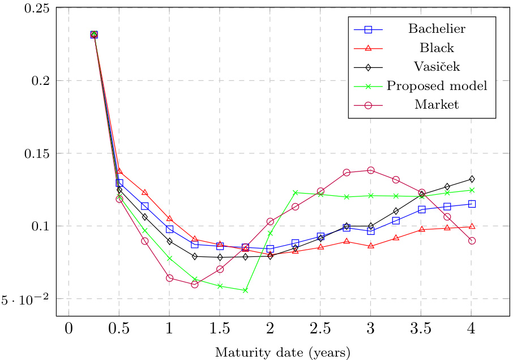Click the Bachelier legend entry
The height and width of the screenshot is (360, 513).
click(x=437, y=28)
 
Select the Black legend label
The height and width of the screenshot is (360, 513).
click(x=437, y=48)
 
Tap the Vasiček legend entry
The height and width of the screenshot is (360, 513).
click(x=437, y=67)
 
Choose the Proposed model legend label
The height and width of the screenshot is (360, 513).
click(x=437, y=86)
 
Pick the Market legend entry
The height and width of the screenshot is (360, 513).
click(x=437, y=105)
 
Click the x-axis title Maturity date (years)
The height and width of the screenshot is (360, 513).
click(x=283, y=352)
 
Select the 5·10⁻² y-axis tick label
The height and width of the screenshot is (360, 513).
click(x=25, y=298)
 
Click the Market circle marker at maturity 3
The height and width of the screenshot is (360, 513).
click(x=371, y=170)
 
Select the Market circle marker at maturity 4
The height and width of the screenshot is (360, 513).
click(x=471, y=241)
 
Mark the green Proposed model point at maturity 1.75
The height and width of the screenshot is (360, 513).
click(x=245, y=290)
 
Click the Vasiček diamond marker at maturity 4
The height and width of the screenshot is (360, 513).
click(x=471, y=179)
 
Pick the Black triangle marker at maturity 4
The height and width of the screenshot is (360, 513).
click(x=471, y=226)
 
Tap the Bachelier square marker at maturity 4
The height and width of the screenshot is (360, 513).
click(x=471, y=204)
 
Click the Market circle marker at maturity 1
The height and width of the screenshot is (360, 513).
click(x=169, y=278)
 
